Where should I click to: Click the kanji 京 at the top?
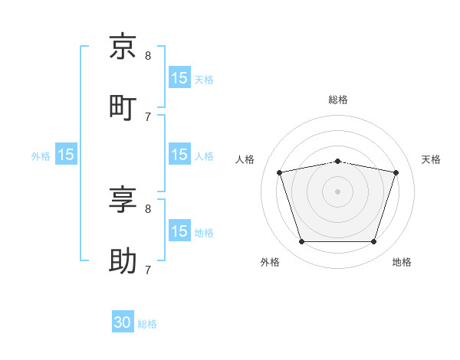pos(123,46)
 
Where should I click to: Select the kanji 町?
pos(123,108)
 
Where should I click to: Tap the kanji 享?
pos(123,199)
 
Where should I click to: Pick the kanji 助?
pos(123,261)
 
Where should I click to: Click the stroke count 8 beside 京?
pos(148,56)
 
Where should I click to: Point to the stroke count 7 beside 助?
pos(148,270)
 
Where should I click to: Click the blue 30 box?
pos(123,321)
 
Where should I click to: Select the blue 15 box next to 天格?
pos(180,77)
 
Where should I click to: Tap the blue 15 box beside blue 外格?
pos(66,154)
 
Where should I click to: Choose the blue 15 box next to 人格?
pos(180,154)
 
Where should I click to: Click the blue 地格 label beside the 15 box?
pos(204,233)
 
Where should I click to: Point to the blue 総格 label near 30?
pos(147,324)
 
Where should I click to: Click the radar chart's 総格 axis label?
pos(338,100)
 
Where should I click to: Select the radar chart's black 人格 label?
pos(245,159)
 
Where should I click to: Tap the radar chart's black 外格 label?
pos(270,262)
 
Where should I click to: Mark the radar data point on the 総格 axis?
pos(338,162)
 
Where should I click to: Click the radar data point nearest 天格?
pos(396,172)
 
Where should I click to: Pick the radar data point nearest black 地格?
pos(374,242)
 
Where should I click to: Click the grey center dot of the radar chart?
pos(337,191)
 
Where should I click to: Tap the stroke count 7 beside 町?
pos(148,117)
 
